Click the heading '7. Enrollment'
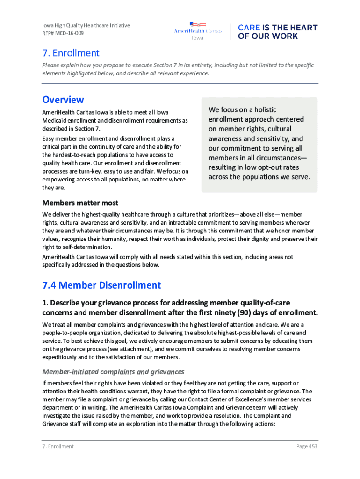(71, 53)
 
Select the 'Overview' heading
(63, 100)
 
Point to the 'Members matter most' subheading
(80, 203)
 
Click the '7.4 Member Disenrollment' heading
(101, 285)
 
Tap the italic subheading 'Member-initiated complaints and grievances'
(113, 372)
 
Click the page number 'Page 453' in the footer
(307, 446)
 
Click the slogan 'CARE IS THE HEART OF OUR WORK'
(277, 32)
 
